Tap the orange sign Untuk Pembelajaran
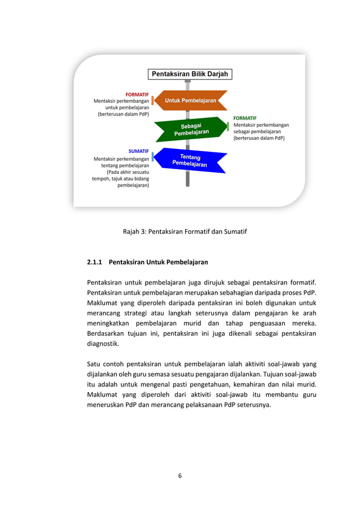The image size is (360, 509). click(190, 100)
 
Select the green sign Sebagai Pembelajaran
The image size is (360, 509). click(191, 129)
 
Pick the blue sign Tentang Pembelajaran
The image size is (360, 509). click(190, 160)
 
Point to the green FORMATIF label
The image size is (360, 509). click(245, 118)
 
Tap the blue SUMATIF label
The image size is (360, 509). click(138, 151)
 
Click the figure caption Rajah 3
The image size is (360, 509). click(185, 231)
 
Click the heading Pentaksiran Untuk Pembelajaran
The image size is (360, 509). click(158, 262)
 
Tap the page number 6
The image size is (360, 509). click(179, 476)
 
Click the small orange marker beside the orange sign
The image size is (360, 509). click(152, 100)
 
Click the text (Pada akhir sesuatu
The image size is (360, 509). click(128, 173)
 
